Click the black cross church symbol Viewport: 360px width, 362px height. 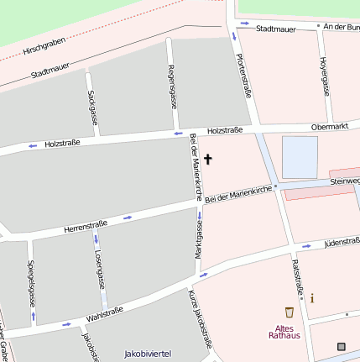(x=208, y=159)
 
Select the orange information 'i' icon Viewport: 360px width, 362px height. (x=312, y=298)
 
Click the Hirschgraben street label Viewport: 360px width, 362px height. (x=44, y=45)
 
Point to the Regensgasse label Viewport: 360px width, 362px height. (x=172, y=87)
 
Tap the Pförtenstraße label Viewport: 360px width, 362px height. (x=244, y=76)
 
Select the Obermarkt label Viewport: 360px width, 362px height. (x=329, y=126)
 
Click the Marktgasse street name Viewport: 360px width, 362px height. (x=200, y=239)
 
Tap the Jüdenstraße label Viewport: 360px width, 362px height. (x=342, y=243)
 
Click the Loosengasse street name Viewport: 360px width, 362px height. (x=98, y=268)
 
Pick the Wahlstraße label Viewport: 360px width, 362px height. (x=104, y=315)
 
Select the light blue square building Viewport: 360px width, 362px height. (x=300, y=156)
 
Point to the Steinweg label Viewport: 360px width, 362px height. (x=344, y=180)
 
